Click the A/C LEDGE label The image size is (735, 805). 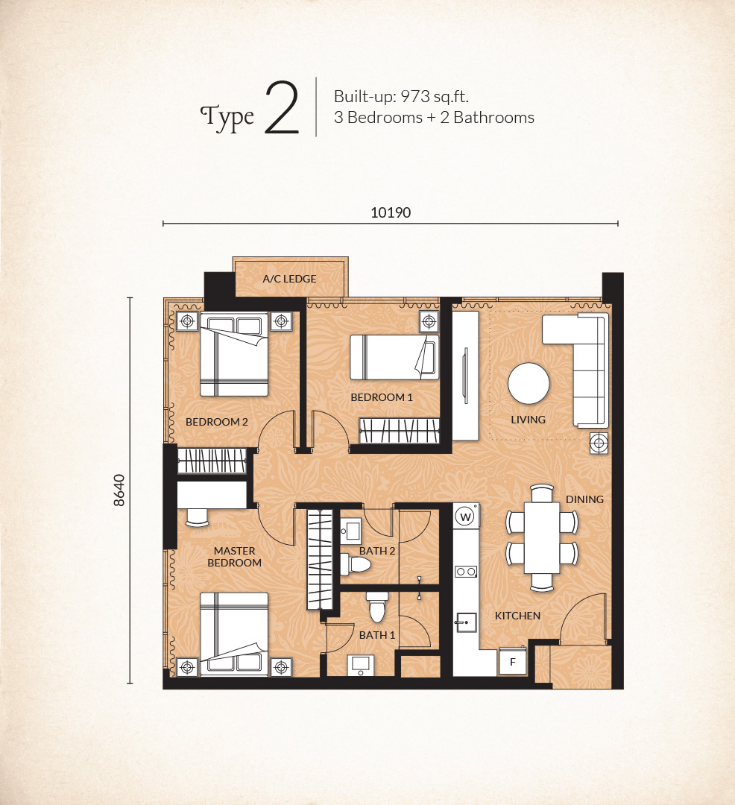coord(289,279)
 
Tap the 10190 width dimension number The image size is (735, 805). coord(391,212)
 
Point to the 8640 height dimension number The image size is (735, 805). coord(119,490)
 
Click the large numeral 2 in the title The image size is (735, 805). coord(282,108)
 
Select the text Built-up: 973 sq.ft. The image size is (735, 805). coord(401,96)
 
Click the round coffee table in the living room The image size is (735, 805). coord(529,384)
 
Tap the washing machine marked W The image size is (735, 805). coord(466,517)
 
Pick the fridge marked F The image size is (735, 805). coord(512,662)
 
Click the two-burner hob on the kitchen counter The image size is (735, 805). coord(466,572)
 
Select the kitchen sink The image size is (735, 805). coord(466,622)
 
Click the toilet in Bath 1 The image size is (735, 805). coord(378,607)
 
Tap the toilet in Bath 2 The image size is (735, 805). coord(355,563)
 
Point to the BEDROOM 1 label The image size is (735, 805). coord(382,397)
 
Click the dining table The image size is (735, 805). coord(541,538)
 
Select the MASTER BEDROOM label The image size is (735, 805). coord(235,557)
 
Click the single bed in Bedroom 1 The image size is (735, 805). coord(394,357)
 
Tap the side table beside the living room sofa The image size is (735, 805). coord(599,443)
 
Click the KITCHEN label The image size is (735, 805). coord(517,616)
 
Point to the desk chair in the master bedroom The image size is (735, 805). coord(197,517)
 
